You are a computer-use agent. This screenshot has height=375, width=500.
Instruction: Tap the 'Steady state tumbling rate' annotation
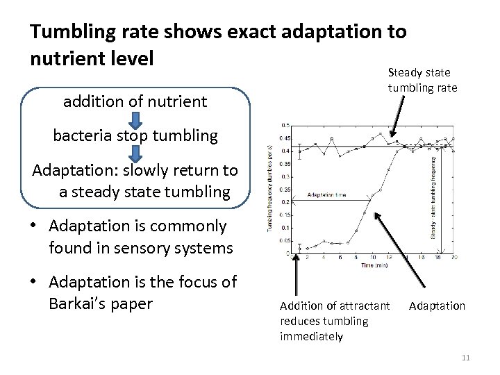[x=419, y=78]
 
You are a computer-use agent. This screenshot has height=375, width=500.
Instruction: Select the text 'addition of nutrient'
[x=135, y=102]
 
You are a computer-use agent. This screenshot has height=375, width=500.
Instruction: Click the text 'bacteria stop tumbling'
[x=135, y=135]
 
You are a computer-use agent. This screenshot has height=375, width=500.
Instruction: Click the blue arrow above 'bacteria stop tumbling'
[x=135, y=119]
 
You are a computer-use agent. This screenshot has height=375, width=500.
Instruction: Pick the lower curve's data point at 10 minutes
[x=374, y=197]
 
